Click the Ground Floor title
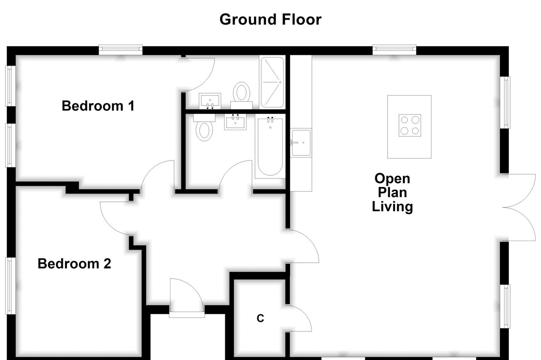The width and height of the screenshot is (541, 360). point(270,19)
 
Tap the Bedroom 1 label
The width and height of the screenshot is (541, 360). point(98,105)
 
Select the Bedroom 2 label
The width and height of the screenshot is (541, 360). point(74,263)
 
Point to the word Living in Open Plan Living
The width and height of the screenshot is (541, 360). point(392,206)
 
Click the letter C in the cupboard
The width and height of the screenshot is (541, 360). point(260,318)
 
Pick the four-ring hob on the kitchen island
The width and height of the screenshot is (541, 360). point(409,125)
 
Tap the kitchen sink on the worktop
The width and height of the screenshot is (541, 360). point(301,143)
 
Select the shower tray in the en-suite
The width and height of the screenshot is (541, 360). point(272,82)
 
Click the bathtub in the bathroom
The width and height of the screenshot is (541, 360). point(269,147)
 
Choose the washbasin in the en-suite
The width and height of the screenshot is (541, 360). point(210,100)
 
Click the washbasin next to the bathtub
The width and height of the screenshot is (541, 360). point(235,122)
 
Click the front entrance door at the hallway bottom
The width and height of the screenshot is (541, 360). point(186,297)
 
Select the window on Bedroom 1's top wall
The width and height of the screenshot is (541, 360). point(120,49)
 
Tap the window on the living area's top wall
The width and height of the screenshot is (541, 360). point(394,49)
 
